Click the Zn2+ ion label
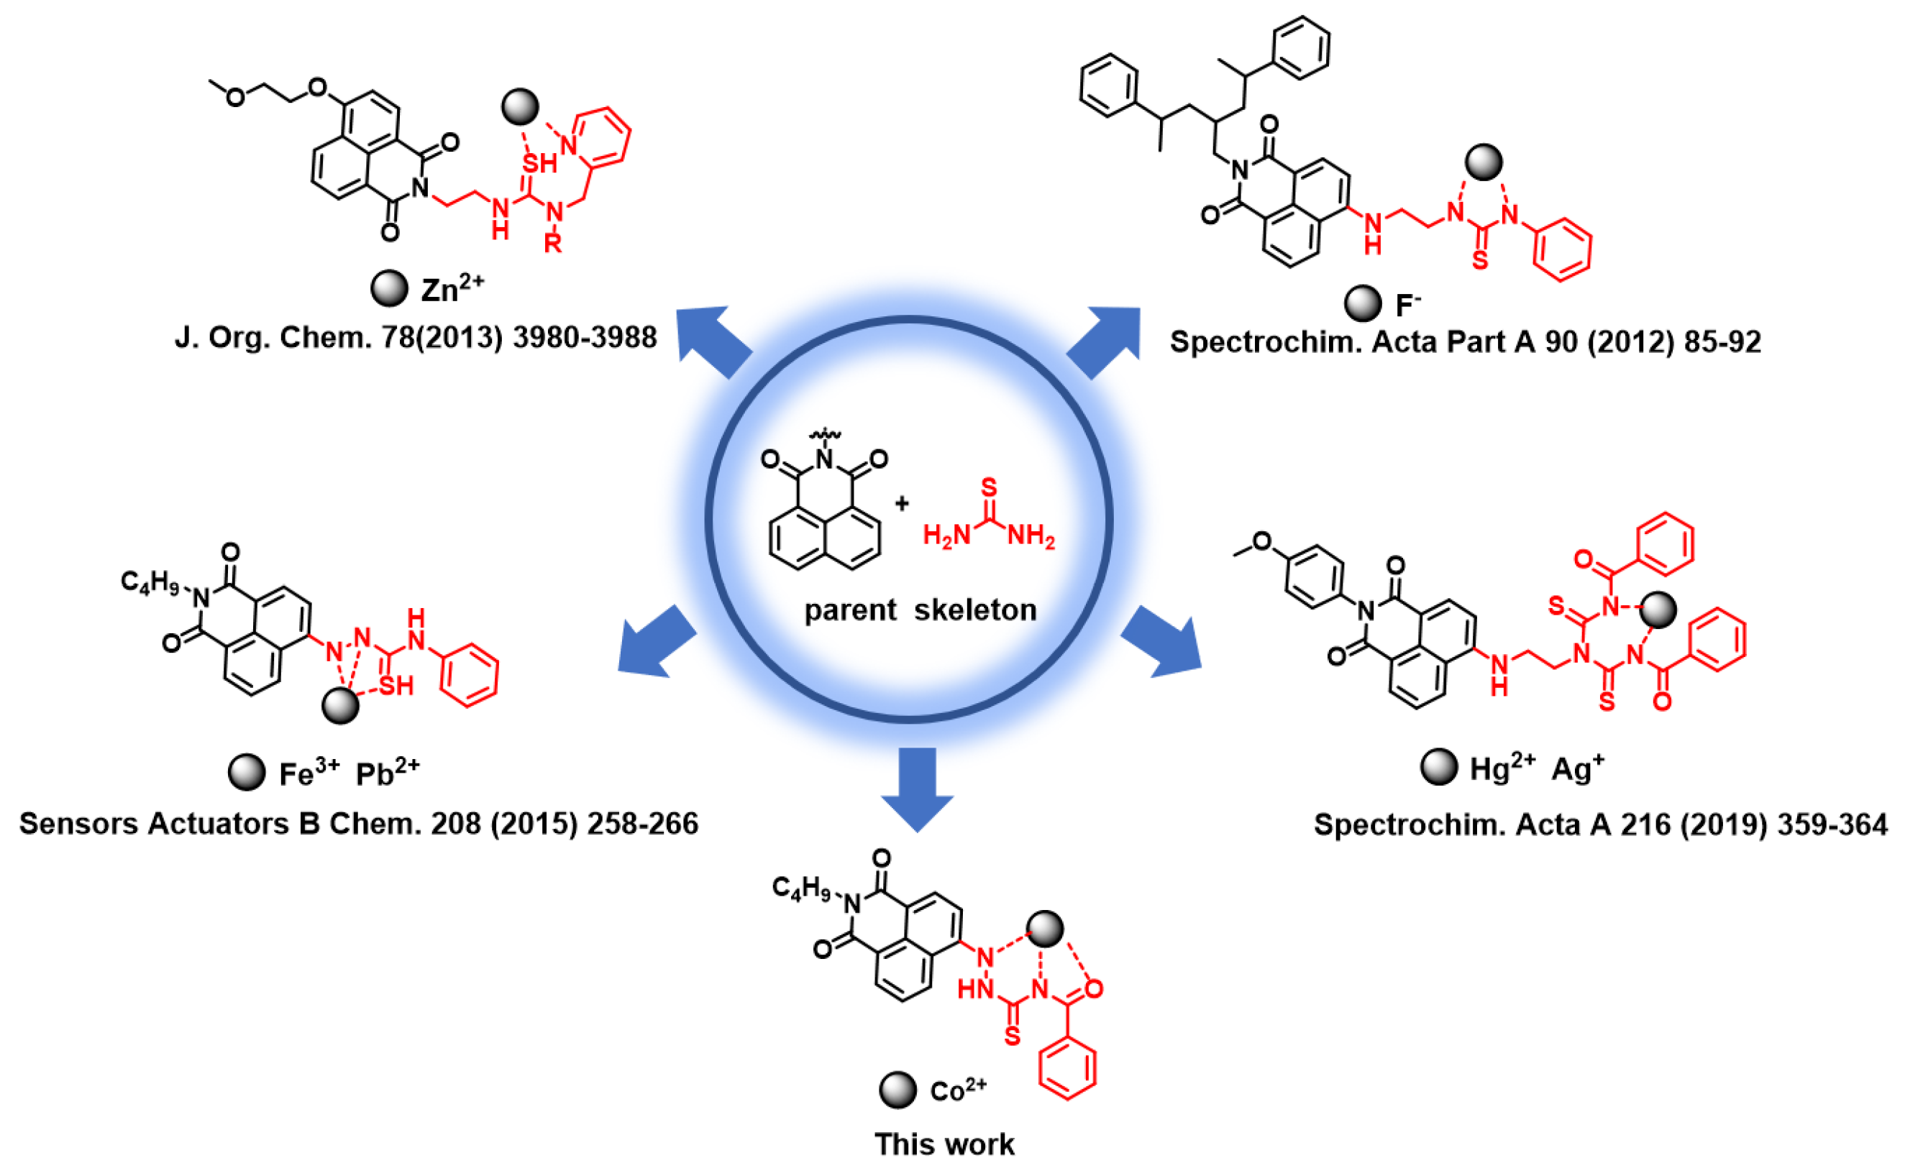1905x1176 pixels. point(452,290)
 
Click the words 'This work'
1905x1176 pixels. point(944,1144)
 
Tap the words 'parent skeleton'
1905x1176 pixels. point(920,610)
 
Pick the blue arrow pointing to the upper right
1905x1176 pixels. point(1105,341)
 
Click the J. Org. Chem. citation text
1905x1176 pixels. point(416,338)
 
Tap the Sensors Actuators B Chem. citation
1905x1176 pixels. point(359,823)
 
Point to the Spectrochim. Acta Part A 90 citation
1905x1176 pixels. point(1465,341)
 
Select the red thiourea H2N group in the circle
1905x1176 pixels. point(946,535)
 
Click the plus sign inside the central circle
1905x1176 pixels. point(902,504)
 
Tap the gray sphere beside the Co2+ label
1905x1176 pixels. point(897,1090)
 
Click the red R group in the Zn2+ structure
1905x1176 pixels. point(552,244)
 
